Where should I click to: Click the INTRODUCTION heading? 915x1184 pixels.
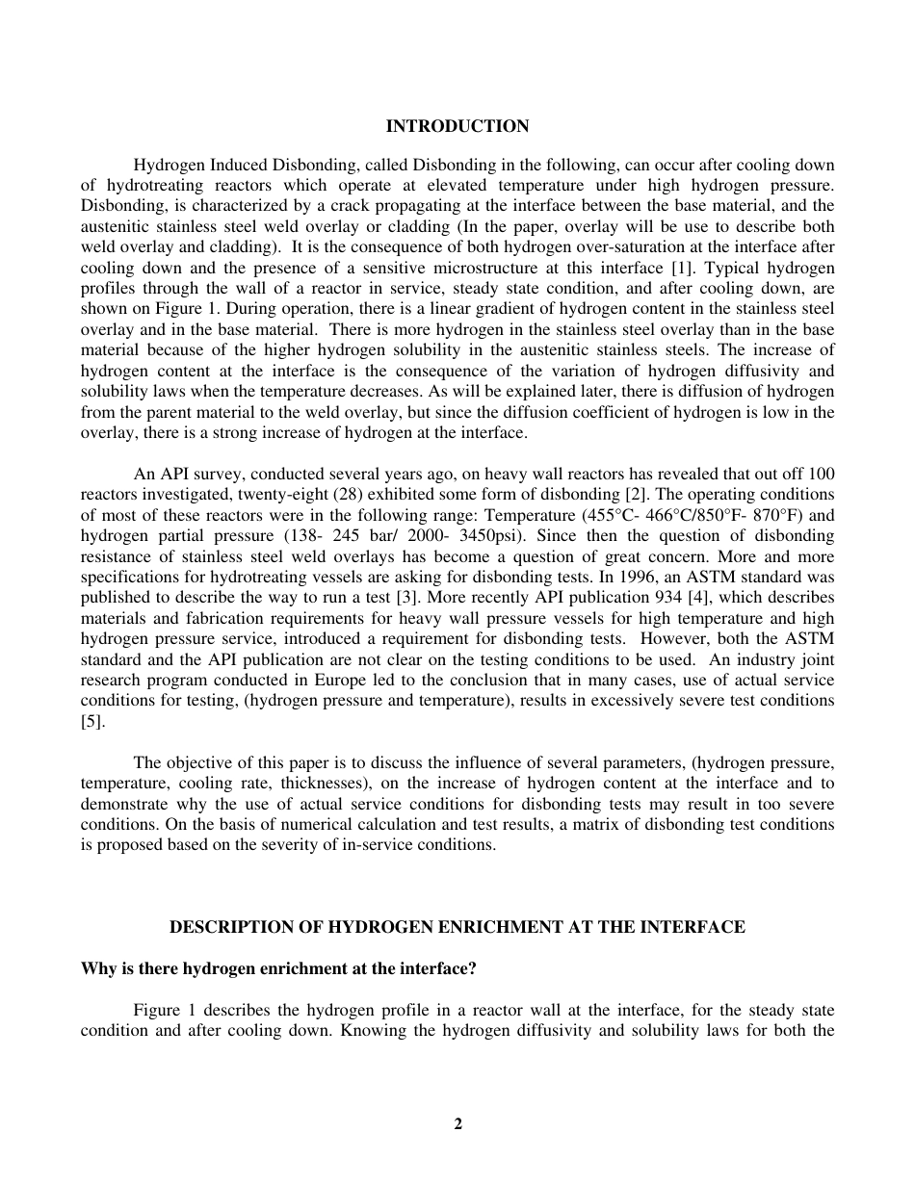click(457, 126)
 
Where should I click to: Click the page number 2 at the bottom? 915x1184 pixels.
click(457, 1123)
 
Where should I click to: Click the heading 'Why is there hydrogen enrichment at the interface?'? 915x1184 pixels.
click(278, 969)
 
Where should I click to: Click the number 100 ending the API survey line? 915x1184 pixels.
click(822, 474)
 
